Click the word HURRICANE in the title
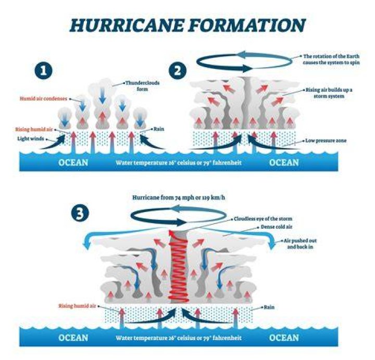tap(127, 25)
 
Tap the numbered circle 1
tap(43, 70)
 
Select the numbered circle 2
tap(178, 70)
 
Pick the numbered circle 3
tap(80, 213)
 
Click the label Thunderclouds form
tap(142, 86)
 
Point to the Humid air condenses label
tap(43, 98)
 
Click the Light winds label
tap(31, 139)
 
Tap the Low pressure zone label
tap(326, 141)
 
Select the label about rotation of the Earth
tap(331, 59)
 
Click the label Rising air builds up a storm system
tap(329, 93)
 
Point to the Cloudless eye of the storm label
tap(263, 219)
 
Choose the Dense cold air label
tap(276, 227)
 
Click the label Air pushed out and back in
tap(300, 243)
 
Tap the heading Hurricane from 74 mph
tap(179, 197)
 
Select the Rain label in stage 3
tap(269, 307)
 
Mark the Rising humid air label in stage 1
tap(34, 129)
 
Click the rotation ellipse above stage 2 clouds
tap(244, 61)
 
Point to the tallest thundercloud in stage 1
tap(103, 104)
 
